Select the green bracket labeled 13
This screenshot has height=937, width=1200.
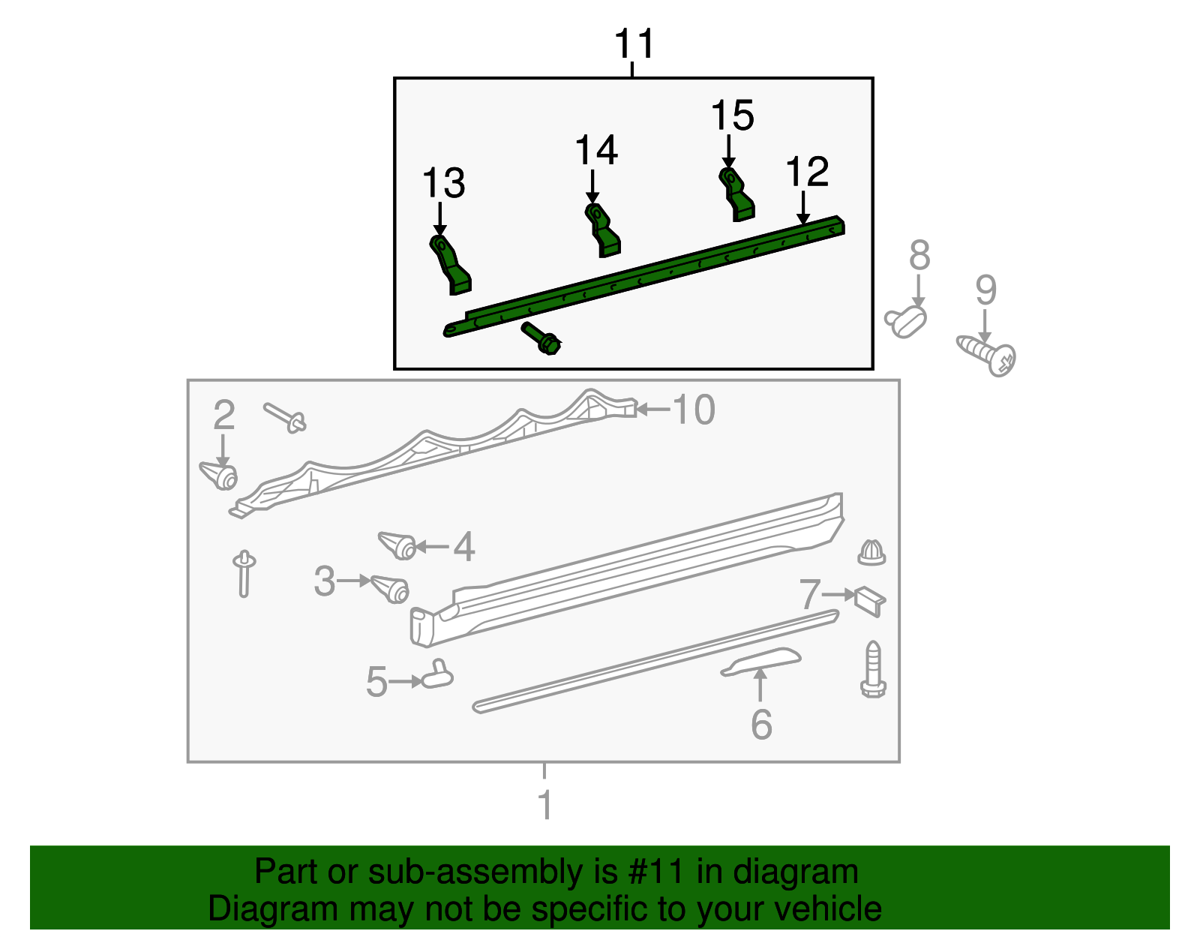tap(449, 265)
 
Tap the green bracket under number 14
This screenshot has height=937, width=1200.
tap(602, 230)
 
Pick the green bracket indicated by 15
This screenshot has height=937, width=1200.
tap(736, 194)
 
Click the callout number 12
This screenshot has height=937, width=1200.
tap(807, 172)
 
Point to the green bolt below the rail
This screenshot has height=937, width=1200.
tap(541, 339)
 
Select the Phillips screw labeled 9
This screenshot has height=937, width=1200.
tap(987, 356)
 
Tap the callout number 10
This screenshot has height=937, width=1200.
tap(694, 410)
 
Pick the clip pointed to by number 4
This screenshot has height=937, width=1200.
tap(397, 545)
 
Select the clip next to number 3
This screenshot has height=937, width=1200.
tap(390, 588)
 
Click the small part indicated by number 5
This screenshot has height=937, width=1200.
tap(437, 675)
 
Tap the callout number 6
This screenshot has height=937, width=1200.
tap(761, 724)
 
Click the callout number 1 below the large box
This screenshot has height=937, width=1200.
tap(545, 805)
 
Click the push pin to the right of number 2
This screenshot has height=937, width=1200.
tap(286, 417)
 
